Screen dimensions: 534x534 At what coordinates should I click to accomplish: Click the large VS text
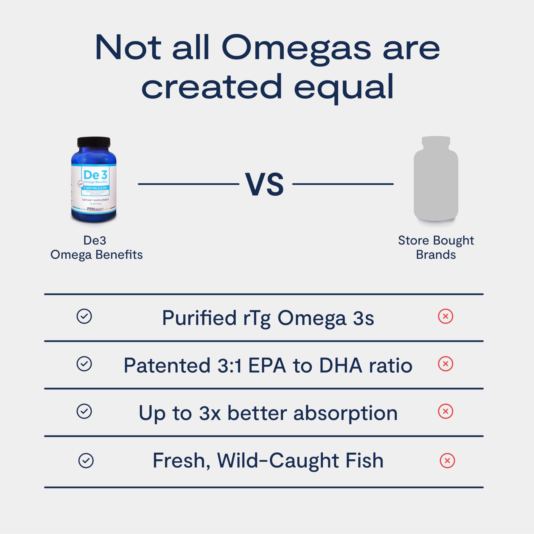264,184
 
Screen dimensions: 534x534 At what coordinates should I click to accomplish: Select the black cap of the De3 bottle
94,142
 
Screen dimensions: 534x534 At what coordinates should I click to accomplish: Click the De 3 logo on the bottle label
95,175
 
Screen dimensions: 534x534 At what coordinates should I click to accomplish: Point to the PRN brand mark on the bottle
91,209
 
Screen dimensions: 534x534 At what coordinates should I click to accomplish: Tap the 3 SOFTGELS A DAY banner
95,188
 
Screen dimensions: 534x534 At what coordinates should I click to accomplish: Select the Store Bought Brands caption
436,247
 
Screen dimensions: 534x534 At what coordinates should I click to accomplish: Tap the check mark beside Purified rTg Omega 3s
84,316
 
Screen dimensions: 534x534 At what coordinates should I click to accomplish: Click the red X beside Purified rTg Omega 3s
446,316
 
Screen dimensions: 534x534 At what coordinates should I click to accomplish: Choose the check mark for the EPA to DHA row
84,364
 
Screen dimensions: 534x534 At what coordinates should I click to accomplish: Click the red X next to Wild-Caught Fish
447,461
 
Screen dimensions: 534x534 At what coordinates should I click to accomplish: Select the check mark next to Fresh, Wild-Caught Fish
86,461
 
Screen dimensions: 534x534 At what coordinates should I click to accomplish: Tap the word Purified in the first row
199,318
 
